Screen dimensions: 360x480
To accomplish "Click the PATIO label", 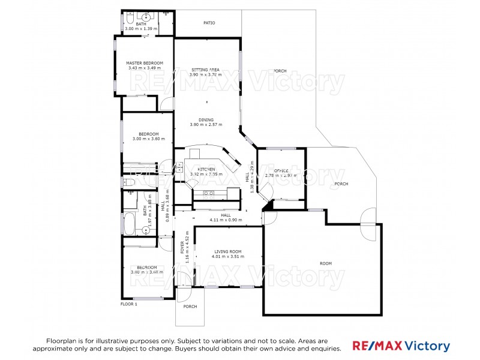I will pyautogui.click(x=209, y=23).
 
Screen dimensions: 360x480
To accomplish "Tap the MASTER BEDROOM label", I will pyautogui.click(x=145, y=62).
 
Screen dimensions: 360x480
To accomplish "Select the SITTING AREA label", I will pyautogui.click(x=205, y=70).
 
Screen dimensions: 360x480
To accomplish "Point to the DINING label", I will pyautogui.click(x=206, y=119).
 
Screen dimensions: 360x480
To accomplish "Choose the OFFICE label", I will pyautogui.click(x=281, y=170).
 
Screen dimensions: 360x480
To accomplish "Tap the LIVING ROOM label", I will pyautogui.click(x=226, y=251).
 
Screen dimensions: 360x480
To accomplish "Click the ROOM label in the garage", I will pyautogui.click(x=325, y=263).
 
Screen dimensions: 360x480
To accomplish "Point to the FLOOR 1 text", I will pyautogui.click(x=129, y=304).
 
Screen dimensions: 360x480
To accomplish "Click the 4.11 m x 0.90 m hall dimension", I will pyautogui.click(x=226, y=220).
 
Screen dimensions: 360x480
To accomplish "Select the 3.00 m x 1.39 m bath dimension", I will pyautogui.click(x=141, y=28).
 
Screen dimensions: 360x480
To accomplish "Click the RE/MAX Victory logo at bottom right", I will pyautogui.click(x=401, y=346).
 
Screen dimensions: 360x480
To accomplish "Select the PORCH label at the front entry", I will pyautogui.click(x=190, y=307).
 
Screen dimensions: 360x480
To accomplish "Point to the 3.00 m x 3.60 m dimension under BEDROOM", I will pyautogui.click(x=148, y=139).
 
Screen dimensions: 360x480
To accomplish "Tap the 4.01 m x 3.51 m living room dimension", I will pyautogui.click(x=226, y=257).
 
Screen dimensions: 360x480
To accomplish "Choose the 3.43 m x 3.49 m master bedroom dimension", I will pyautogui.click(x=145, y=68).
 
